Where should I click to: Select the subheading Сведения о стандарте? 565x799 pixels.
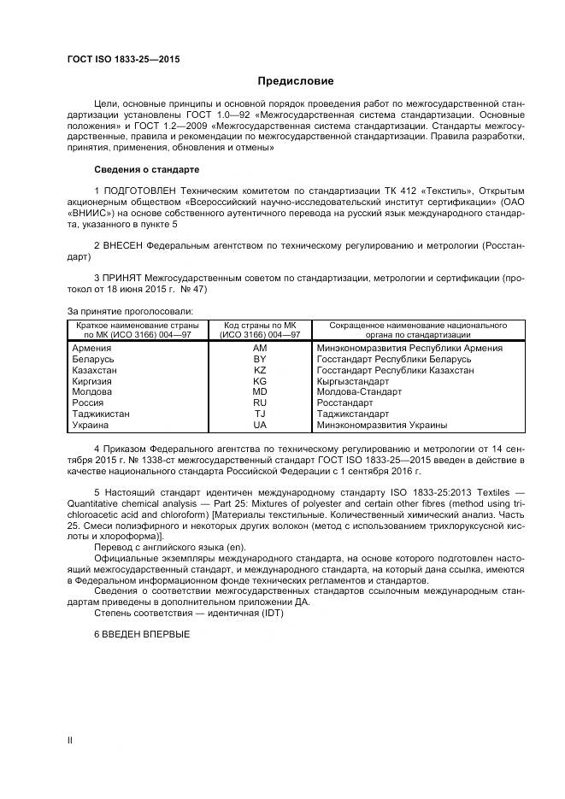[146, 169]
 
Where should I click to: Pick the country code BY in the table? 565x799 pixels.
[260, 360]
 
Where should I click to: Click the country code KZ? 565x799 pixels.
[260, 371]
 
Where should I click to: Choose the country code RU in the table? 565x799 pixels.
[260, 402]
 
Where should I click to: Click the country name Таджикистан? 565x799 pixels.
[101, 414]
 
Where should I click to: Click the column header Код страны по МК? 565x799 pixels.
[260, 326]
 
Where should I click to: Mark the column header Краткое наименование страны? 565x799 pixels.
[137, 326]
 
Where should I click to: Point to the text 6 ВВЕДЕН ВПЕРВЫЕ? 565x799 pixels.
[142, 634]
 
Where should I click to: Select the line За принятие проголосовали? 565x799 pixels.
[129, 310]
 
